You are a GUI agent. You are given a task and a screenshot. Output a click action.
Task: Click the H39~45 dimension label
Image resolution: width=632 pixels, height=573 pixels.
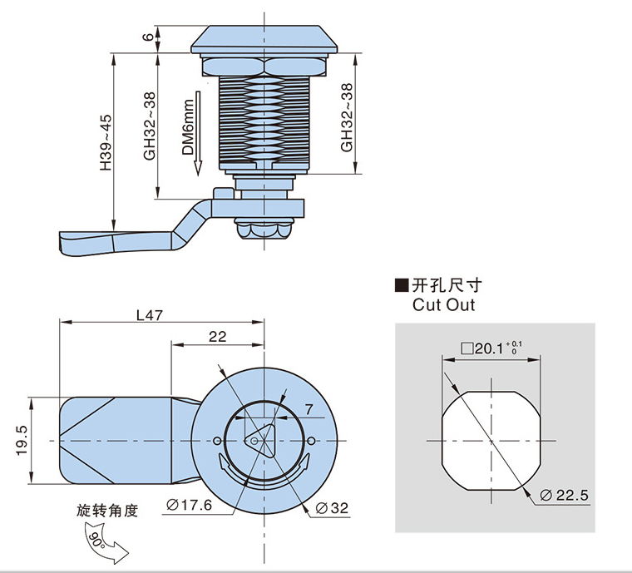(x=105, y=143)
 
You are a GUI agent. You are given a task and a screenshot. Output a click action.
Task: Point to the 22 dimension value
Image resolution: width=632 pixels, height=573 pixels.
(x=217, y=336)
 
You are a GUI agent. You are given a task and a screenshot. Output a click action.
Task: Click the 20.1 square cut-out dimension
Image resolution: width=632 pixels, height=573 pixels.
(x=491, y=348)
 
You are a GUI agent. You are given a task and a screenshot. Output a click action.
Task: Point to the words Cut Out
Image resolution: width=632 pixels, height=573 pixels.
(x=443, y=304)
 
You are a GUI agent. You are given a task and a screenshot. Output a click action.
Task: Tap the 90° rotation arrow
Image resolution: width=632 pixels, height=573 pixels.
(x=103, y=545)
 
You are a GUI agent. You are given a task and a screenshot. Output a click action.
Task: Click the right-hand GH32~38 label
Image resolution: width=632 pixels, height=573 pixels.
(x=346, y=117)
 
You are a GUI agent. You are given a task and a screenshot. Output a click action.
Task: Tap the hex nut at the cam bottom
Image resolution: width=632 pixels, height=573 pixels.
(x=264, y=230)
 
